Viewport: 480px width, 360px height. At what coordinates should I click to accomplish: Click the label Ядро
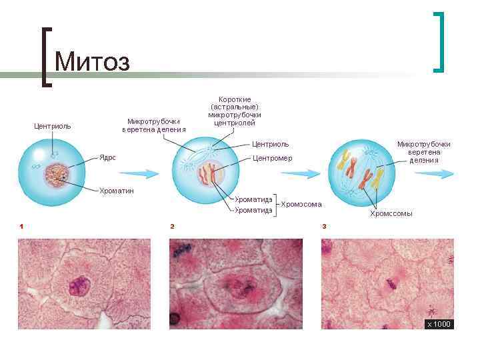pos(108,157)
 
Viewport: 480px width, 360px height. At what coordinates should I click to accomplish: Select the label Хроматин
pos(117,191)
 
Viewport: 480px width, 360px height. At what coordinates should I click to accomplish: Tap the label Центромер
pos(272,158)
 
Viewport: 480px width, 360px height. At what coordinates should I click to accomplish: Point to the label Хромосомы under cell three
pos(391,214)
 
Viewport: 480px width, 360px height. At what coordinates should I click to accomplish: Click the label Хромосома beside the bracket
pos(301,204)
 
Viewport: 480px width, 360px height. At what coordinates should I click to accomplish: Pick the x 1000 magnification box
pos(439,324)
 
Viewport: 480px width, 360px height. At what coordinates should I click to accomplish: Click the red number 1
pos(21,227)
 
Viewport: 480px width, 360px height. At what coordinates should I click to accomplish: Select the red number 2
pos(172,227)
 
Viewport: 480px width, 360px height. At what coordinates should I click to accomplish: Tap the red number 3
pos(324,227)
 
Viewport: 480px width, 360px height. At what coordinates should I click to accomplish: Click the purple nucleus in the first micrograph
pos(79,287)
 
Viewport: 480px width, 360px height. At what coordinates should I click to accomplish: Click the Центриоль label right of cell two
pos(270,143)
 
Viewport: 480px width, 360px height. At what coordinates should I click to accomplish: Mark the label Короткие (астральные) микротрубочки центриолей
pos(235,111)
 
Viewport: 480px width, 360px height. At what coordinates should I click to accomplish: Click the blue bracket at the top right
pos(439,41)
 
